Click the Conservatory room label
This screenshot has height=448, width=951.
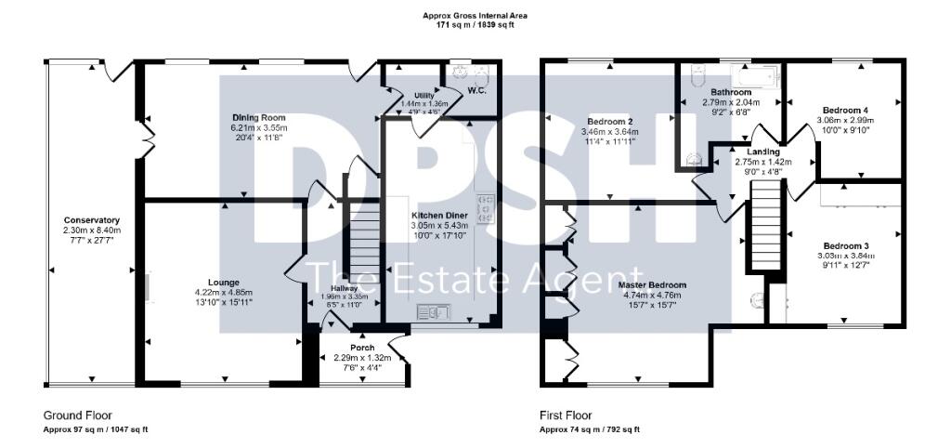[x=87, y=220]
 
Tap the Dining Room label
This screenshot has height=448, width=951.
[x=258, y=117]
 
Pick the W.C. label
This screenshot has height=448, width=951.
[x=477, y=90]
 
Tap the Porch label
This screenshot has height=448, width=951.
[x=362, y=348]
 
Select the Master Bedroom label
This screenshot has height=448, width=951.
[x=655, y=283]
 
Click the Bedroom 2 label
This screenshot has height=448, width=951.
[x=610, y=122]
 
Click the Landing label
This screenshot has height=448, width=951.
[x=751, y=151]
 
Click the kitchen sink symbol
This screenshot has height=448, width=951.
[x=434, y=311]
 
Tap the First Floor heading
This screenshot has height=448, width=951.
[x=566, y=415]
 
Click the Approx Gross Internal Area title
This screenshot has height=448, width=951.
[x=475, y=15]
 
